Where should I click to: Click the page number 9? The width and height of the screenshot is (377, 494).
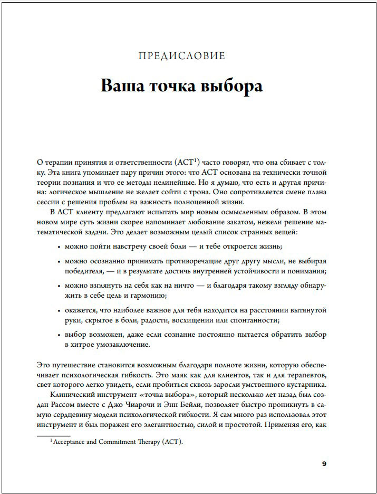(x=324, y=464)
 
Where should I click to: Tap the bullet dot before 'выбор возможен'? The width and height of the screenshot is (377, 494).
(x=57, y=335)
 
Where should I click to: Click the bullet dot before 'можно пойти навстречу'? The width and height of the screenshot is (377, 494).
(x=57, y=246)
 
